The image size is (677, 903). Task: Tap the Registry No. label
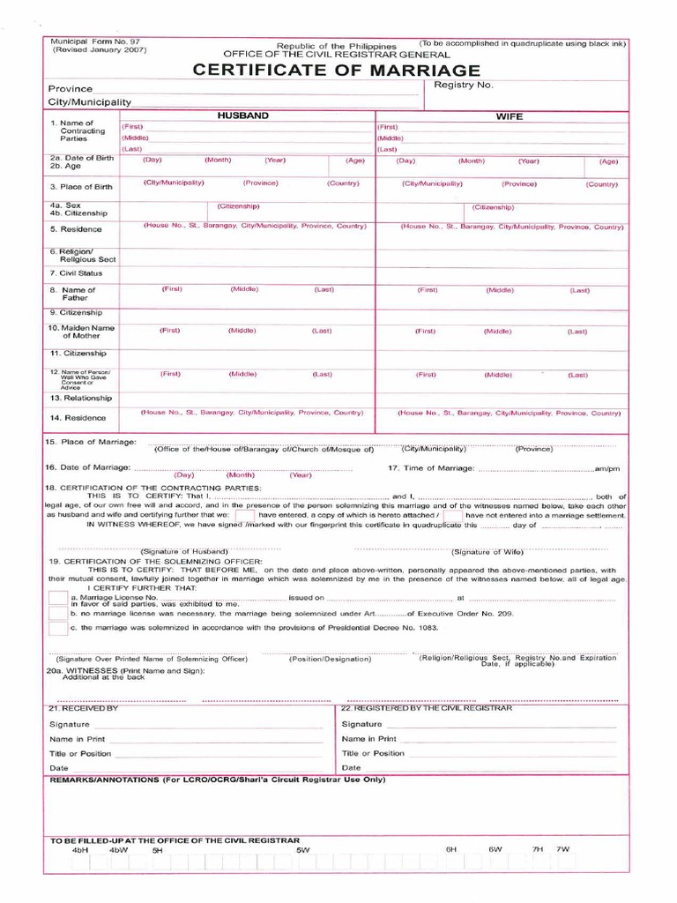pos(464,86)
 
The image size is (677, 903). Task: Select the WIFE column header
pos(509,116)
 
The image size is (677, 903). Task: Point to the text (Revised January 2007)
pos(99,50)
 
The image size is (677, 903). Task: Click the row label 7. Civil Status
pos(76,273)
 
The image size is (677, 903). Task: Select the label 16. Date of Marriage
pos(87,466)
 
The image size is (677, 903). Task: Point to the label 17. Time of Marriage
pos(431,467)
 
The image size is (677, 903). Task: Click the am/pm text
pos(608,468)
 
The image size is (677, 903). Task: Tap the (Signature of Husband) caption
pos(192,550)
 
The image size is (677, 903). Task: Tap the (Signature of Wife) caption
pos(487,552)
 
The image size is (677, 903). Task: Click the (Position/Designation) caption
pos(330,659)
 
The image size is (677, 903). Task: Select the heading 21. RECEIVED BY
pos(84,708)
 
